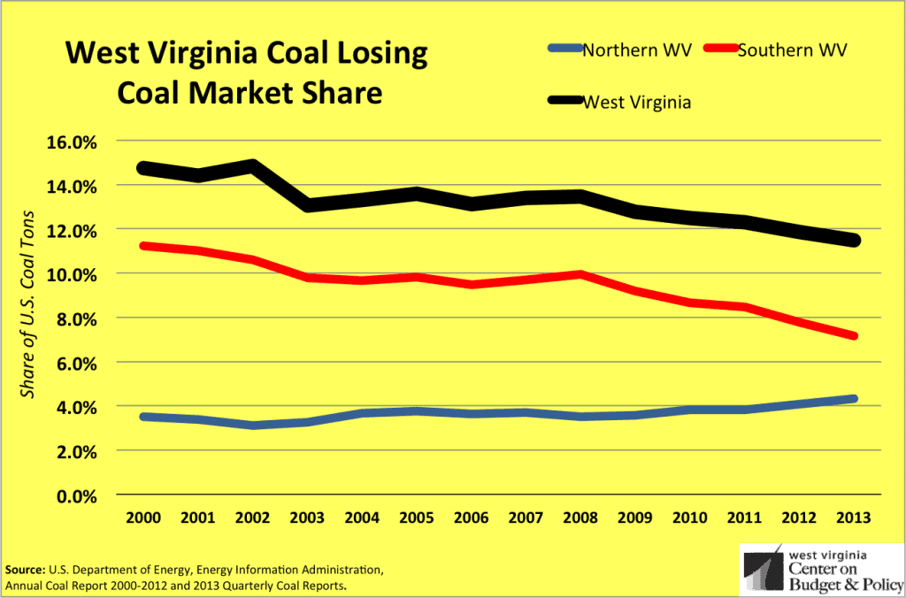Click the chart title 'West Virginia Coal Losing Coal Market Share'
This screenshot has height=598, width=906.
(247, 73)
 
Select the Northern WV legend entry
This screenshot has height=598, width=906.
(625, 50)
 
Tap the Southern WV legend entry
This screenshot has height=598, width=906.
(792, 50)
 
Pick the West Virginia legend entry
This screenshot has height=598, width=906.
(636, 102)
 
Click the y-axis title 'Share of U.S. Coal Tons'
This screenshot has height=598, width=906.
(28, 304)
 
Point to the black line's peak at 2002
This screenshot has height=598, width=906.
(251, 165)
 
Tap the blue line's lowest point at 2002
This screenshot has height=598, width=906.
(251, 425)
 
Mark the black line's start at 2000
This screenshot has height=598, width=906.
(142, 168)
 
